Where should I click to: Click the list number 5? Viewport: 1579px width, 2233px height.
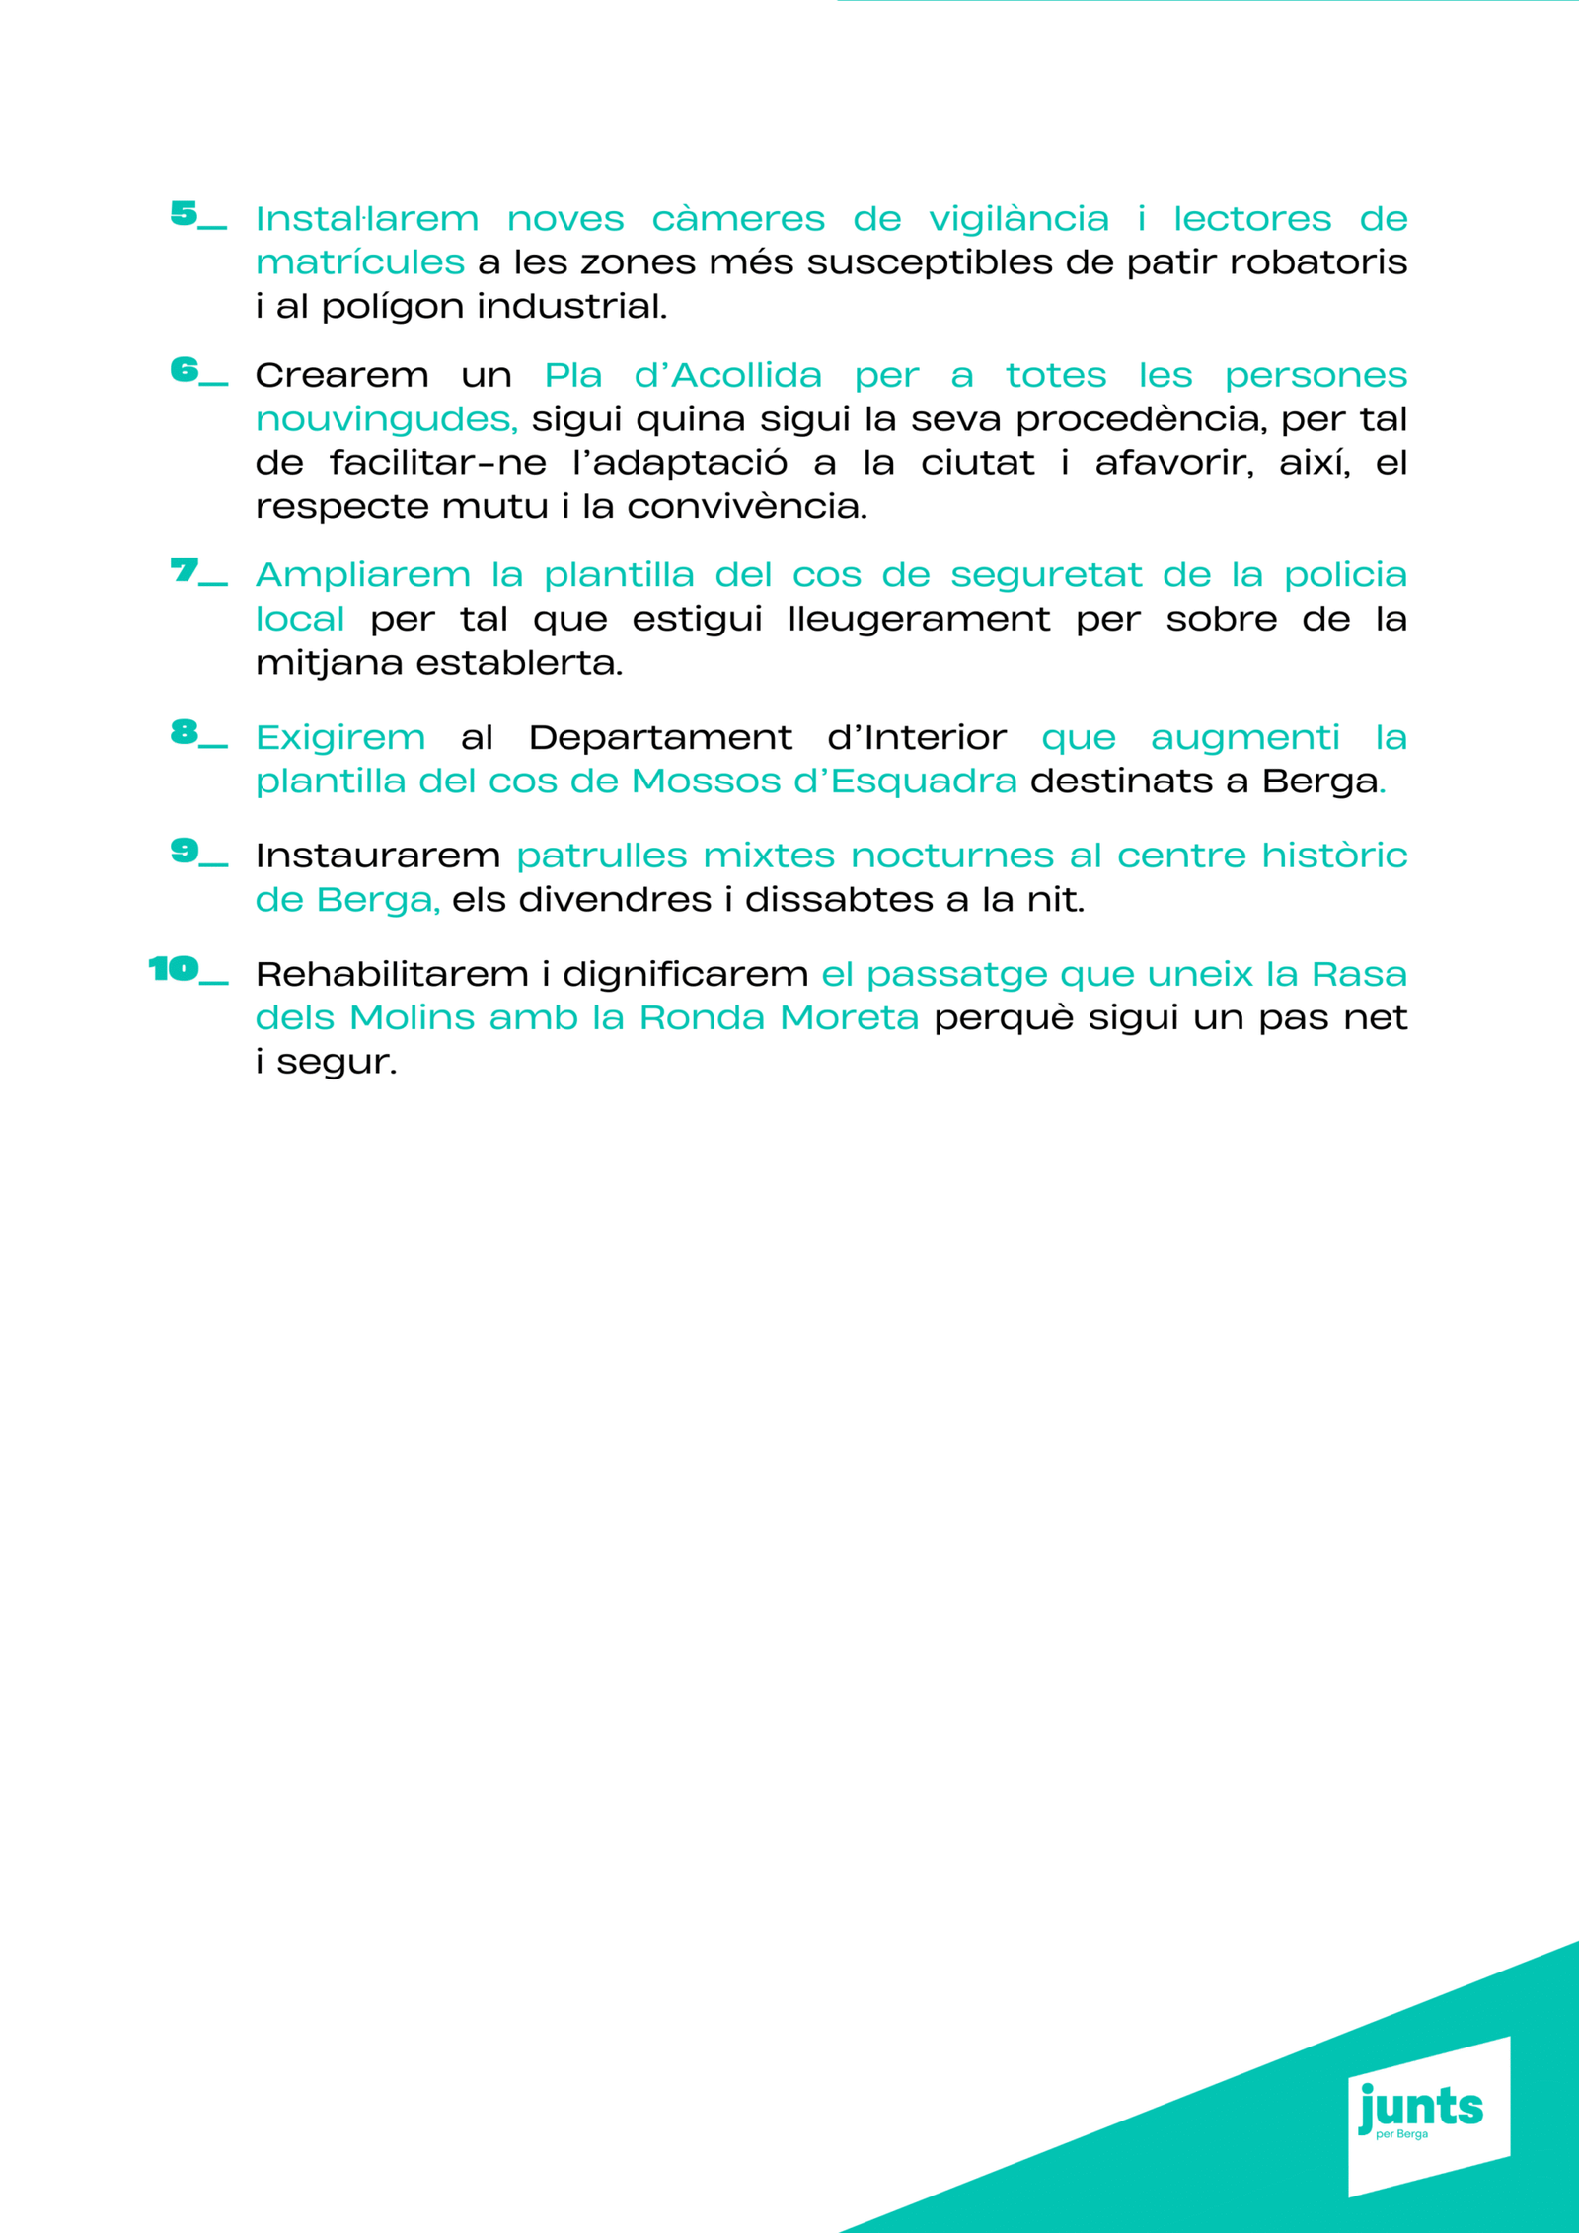pos(185,214)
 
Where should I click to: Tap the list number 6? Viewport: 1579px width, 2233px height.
pos(185,370)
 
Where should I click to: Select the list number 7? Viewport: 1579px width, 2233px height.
pos(185,570)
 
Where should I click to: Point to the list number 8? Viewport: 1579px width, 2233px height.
pos(185,732)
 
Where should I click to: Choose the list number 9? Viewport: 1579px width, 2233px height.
pos(185,851)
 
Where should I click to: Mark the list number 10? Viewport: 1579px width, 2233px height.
pos(174,969)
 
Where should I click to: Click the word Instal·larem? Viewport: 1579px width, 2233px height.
pos(366,219)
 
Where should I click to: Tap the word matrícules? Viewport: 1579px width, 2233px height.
pos(359,262)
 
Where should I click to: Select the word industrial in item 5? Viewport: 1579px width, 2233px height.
pos(571,306)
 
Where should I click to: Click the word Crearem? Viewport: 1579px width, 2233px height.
pos(341,376)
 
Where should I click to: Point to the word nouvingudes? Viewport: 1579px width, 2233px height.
pos(386,420)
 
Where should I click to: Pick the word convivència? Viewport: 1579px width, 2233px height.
pos(746,507)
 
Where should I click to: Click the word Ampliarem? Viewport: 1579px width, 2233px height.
pos(362,576)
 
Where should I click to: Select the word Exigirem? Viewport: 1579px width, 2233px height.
pos(340,738)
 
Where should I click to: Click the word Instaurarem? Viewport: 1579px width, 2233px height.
pos(378,856)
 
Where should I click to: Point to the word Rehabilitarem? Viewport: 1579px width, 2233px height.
pos(393,975)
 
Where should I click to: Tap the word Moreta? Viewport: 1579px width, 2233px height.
pos(849,1018)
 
